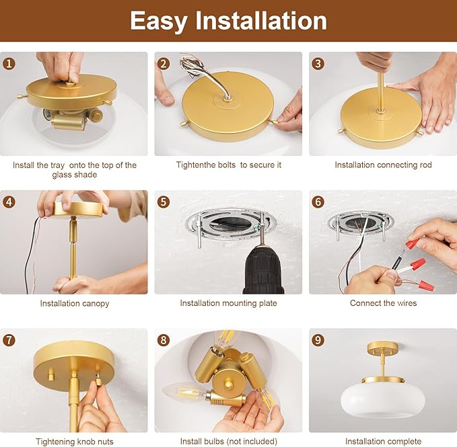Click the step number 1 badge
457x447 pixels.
(x=9, y=64)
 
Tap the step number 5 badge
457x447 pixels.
(x=164, y=202)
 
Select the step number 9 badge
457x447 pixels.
(x=318, y=339)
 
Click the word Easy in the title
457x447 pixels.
(x=159, y=21)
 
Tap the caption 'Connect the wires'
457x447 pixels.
(x=383, y=303)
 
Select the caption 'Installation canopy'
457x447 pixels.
(x=74, y=303)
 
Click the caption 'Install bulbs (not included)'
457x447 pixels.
(x=228, y=442)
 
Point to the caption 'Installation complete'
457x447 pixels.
(x=383, y=442)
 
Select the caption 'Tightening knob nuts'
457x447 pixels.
(x=74, y=442)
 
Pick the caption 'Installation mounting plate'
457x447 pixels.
(x=228, y=303)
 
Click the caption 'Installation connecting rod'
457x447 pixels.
(x=383, y=165)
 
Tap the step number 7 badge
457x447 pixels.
(x=9, y=339)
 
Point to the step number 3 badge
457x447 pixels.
(x=318, y=64)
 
